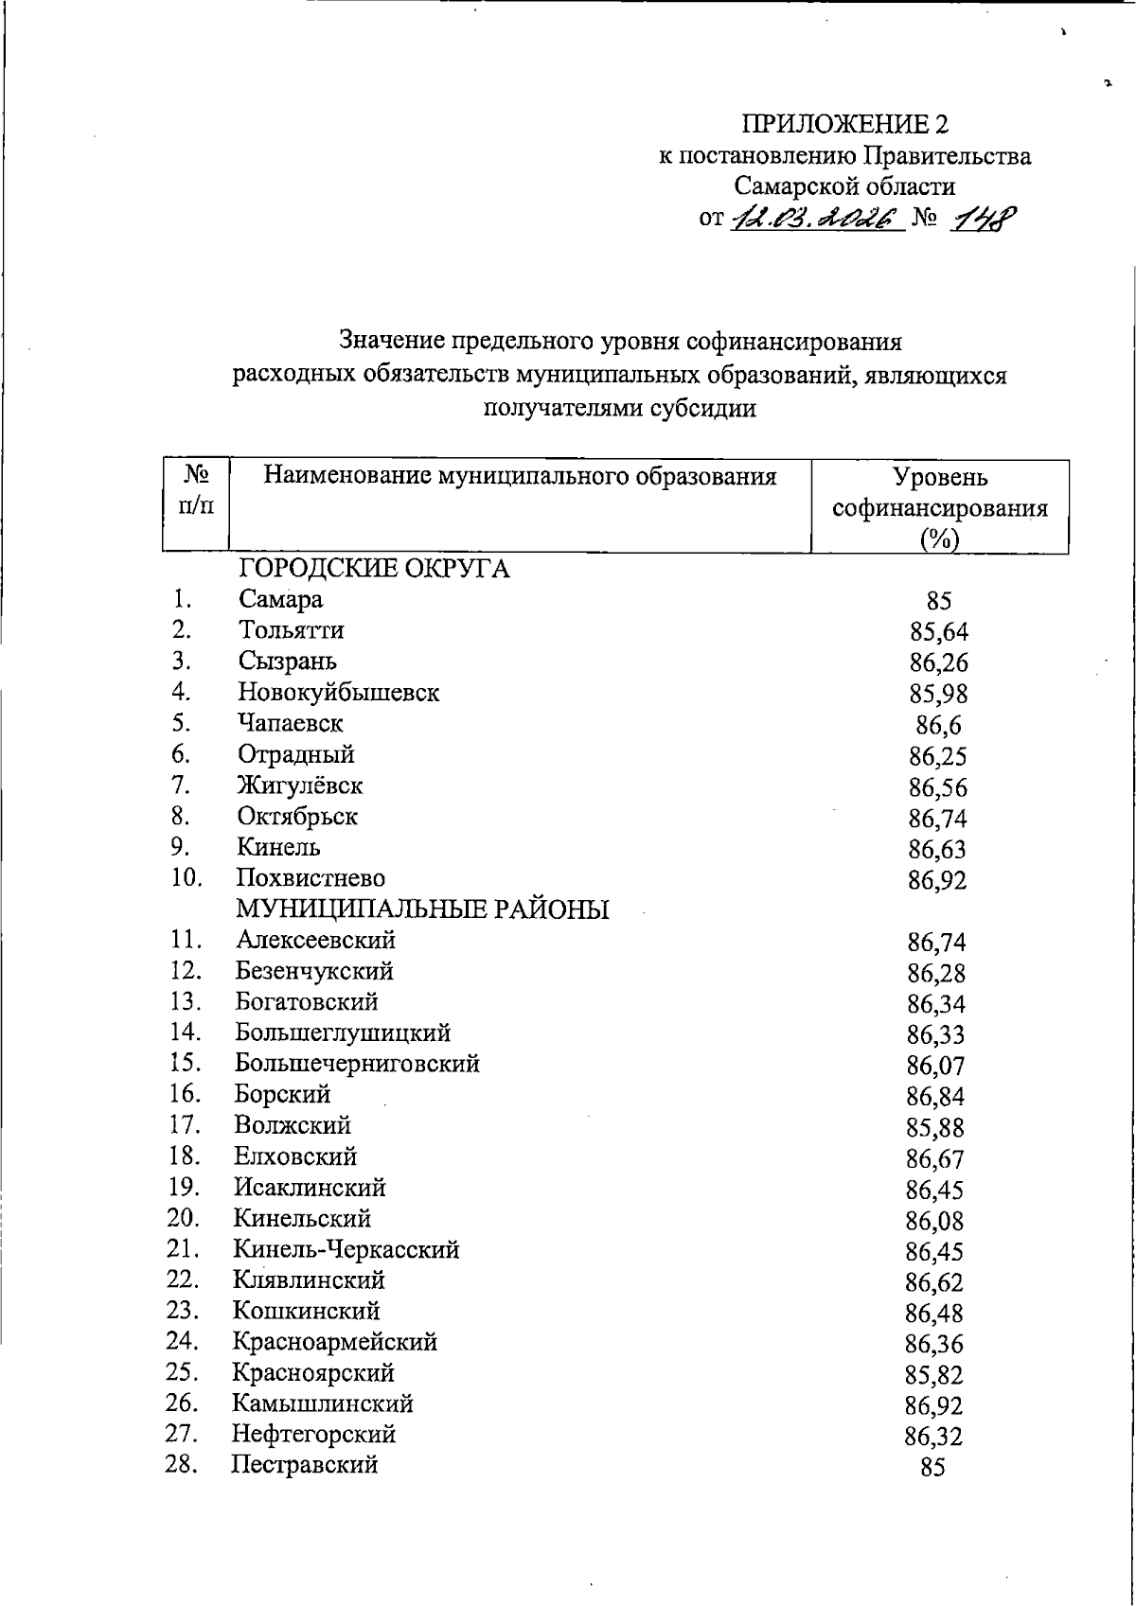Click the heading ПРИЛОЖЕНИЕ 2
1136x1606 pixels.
(844, 124)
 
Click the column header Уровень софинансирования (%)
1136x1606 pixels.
(940, 507)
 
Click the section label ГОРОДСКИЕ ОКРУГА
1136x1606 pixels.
(374, 569)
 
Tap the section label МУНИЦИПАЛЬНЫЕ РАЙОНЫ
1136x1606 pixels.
(422, 909)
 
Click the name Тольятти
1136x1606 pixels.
(292, 630)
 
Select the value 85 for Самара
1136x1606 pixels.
(939, 601)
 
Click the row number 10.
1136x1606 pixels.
(187, 877)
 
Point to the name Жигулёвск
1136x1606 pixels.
(300, 785)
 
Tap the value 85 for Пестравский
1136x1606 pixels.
(932, 1468)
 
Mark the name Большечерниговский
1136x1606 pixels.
(358, 1064)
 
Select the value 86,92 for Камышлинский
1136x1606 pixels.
(934, 1406)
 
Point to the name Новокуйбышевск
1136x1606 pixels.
(339, 693)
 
